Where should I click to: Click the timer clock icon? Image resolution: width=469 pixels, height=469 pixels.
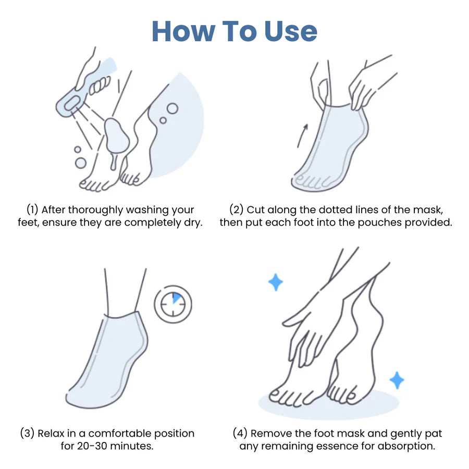pyautogui.click(x=172, y=304)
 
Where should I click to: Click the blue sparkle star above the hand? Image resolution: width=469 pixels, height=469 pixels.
pyautogui.click(x=276, y=282)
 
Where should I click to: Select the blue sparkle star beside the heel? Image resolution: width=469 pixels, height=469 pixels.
pyautogui.click(x=397, y=380)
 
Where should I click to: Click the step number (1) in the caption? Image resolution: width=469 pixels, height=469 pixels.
pyautogui.click(x=32, y=210)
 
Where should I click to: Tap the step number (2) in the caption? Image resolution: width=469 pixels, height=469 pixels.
pyautogui.click(x=236, y=210)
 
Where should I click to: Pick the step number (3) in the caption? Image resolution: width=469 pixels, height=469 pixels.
pyautogui.click(x=28, y=433)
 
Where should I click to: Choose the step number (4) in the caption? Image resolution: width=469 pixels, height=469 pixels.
pyautogui.click(x=241, y=433)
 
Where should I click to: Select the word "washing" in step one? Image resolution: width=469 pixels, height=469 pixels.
pyautogui.click(x=141, y=210)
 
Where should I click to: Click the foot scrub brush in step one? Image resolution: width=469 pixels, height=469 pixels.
pyautogui.click(x=78, y=94)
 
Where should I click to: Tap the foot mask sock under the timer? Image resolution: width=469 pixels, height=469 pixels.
pyautogui.click(x=107, y=360)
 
